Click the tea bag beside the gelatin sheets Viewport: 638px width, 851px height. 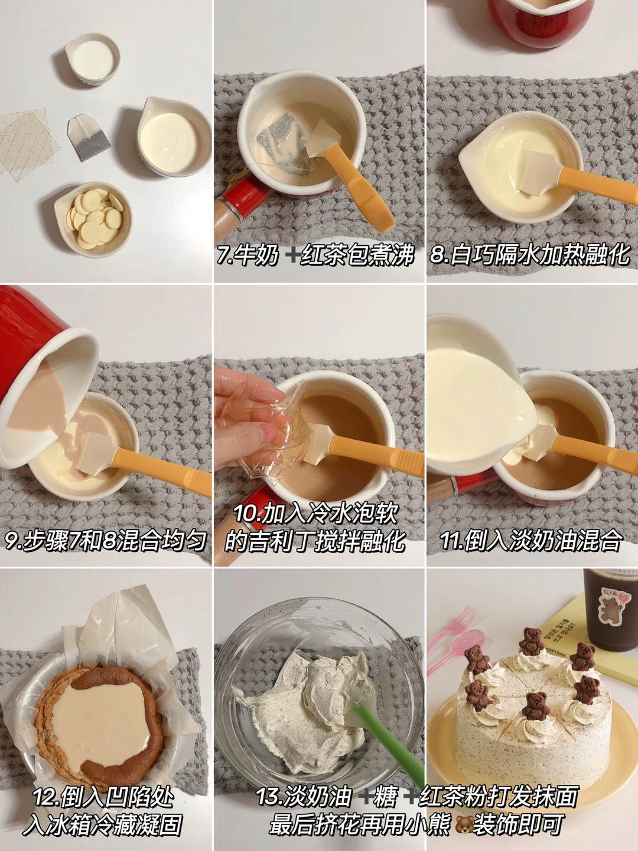(89, 137)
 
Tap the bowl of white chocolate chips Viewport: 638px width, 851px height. (93, 219)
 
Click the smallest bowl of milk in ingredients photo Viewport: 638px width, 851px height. (93, 59)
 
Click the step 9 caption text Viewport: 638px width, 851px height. (105, 540)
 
